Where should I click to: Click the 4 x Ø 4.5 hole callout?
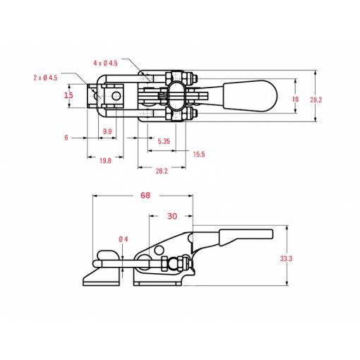coord(105,63)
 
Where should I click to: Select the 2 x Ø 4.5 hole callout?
coord(45,78)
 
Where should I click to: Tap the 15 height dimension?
coord(68,95)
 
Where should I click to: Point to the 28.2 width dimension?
coord(316,100)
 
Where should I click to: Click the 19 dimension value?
coord(295,100)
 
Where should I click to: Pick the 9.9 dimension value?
coord(107,131)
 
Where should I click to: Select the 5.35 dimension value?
coord(164,141)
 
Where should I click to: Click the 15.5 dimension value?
coord(199,155)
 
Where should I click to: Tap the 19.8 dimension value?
coord(105,161)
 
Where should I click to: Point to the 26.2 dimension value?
coord(162,171)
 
